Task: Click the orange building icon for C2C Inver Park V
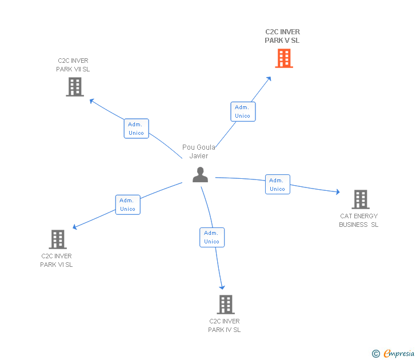(283, 58)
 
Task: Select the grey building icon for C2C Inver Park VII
(75, 87)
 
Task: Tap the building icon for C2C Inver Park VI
(58, 239)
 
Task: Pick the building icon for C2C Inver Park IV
(226, 304)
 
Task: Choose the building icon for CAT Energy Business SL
(360, 199)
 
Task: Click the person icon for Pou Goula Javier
(200, 174)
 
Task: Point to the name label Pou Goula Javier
(199, 151)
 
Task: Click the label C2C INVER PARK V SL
(282, 36)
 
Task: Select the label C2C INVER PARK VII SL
(73, 65)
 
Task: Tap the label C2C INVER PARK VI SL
(57, 260)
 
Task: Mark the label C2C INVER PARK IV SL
(225, 325)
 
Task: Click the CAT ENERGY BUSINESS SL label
(359, 220)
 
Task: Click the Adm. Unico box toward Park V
(243, 111)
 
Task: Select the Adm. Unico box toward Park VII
(136, 129)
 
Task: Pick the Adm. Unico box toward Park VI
(127, 205)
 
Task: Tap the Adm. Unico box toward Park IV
(212, 237)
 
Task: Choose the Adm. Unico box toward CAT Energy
(278, 185)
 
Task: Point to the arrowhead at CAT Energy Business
(338, 193)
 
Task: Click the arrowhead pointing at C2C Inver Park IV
(222, 287)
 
